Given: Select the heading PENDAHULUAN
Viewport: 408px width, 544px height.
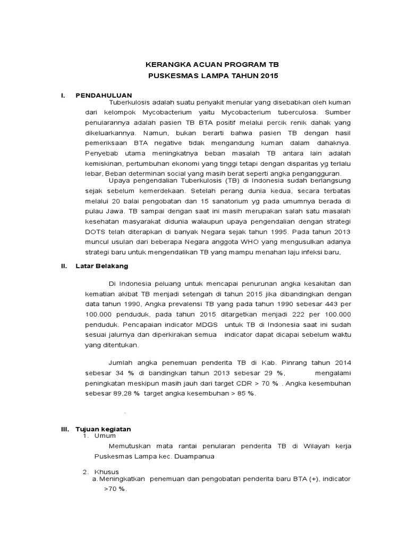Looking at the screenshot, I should [104, 95].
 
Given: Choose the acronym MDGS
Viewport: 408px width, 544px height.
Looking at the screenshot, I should [202, 323].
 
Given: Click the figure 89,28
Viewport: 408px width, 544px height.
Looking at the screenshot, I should [123, 393].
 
